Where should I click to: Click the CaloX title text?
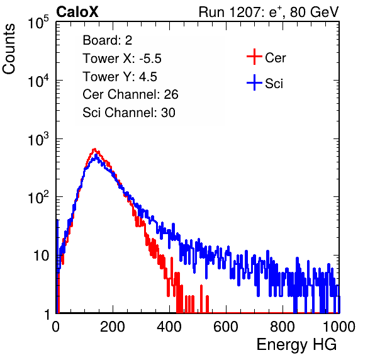point(77,12)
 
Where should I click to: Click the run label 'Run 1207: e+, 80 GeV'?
point(269,12)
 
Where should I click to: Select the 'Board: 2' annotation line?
point(108,40)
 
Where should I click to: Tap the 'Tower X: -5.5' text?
point(122,59)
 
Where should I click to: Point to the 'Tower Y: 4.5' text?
point(120,77)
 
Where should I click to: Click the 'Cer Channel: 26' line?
point(130,94)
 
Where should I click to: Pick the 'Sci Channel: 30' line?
point(129,113)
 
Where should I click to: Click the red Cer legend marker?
point(254,57)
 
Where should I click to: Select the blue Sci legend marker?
point(254,83)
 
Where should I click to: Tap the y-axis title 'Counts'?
point(9,49)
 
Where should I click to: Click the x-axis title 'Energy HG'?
point(296,345)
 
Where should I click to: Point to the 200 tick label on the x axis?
point(113,327)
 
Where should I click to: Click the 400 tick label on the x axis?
point(169,327)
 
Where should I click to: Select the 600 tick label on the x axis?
point(226,327)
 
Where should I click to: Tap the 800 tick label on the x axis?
point(283,327)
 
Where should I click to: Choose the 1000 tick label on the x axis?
point(339,327)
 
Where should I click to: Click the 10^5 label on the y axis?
point(38,22)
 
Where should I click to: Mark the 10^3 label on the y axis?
point(38,138)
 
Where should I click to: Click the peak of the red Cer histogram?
point(94,149)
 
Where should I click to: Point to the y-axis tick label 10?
point(42,256)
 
